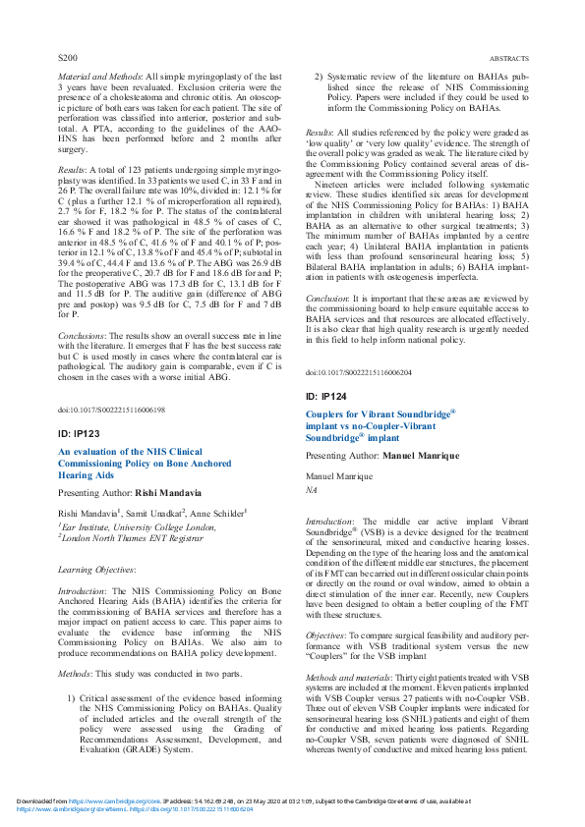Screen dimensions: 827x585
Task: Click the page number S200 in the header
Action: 68,59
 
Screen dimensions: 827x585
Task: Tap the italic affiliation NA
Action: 312,488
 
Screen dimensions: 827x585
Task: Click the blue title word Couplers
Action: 329,416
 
